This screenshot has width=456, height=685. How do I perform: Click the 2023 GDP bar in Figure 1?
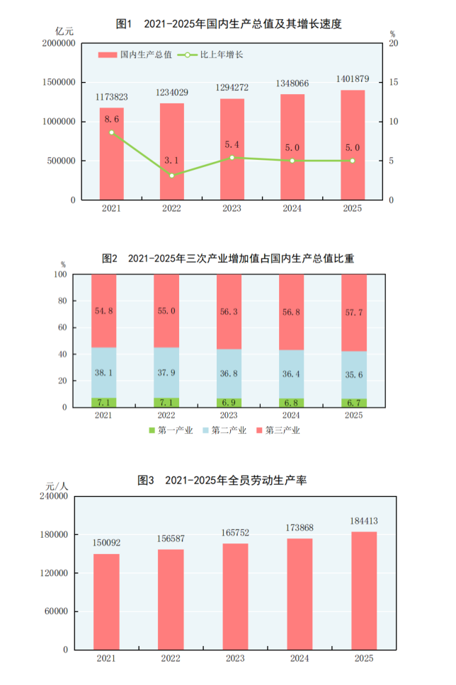coord(232,152)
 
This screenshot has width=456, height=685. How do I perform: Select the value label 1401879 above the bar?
coord(352,80)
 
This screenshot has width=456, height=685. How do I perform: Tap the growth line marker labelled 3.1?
coord(171,175)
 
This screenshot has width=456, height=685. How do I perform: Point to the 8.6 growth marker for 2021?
coord(111,132)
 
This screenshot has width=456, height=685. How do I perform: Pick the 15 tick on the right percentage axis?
coord(394,83)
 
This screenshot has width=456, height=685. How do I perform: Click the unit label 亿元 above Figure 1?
coord(64,31)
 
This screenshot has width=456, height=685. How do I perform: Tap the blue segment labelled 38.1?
coord(103,372)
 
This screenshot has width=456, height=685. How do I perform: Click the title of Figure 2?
coord(228,259)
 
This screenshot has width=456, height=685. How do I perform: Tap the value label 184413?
coord(364,522)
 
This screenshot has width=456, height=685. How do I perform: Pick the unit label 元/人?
coord(57,485)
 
